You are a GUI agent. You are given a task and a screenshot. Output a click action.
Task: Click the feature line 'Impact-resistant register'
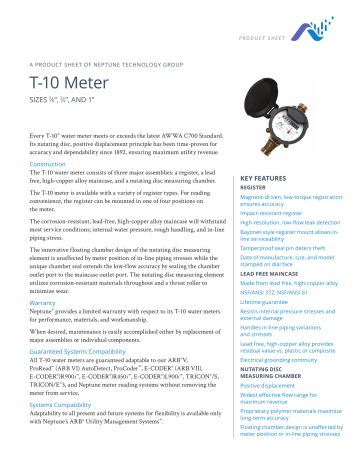[x=281, y=213]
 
